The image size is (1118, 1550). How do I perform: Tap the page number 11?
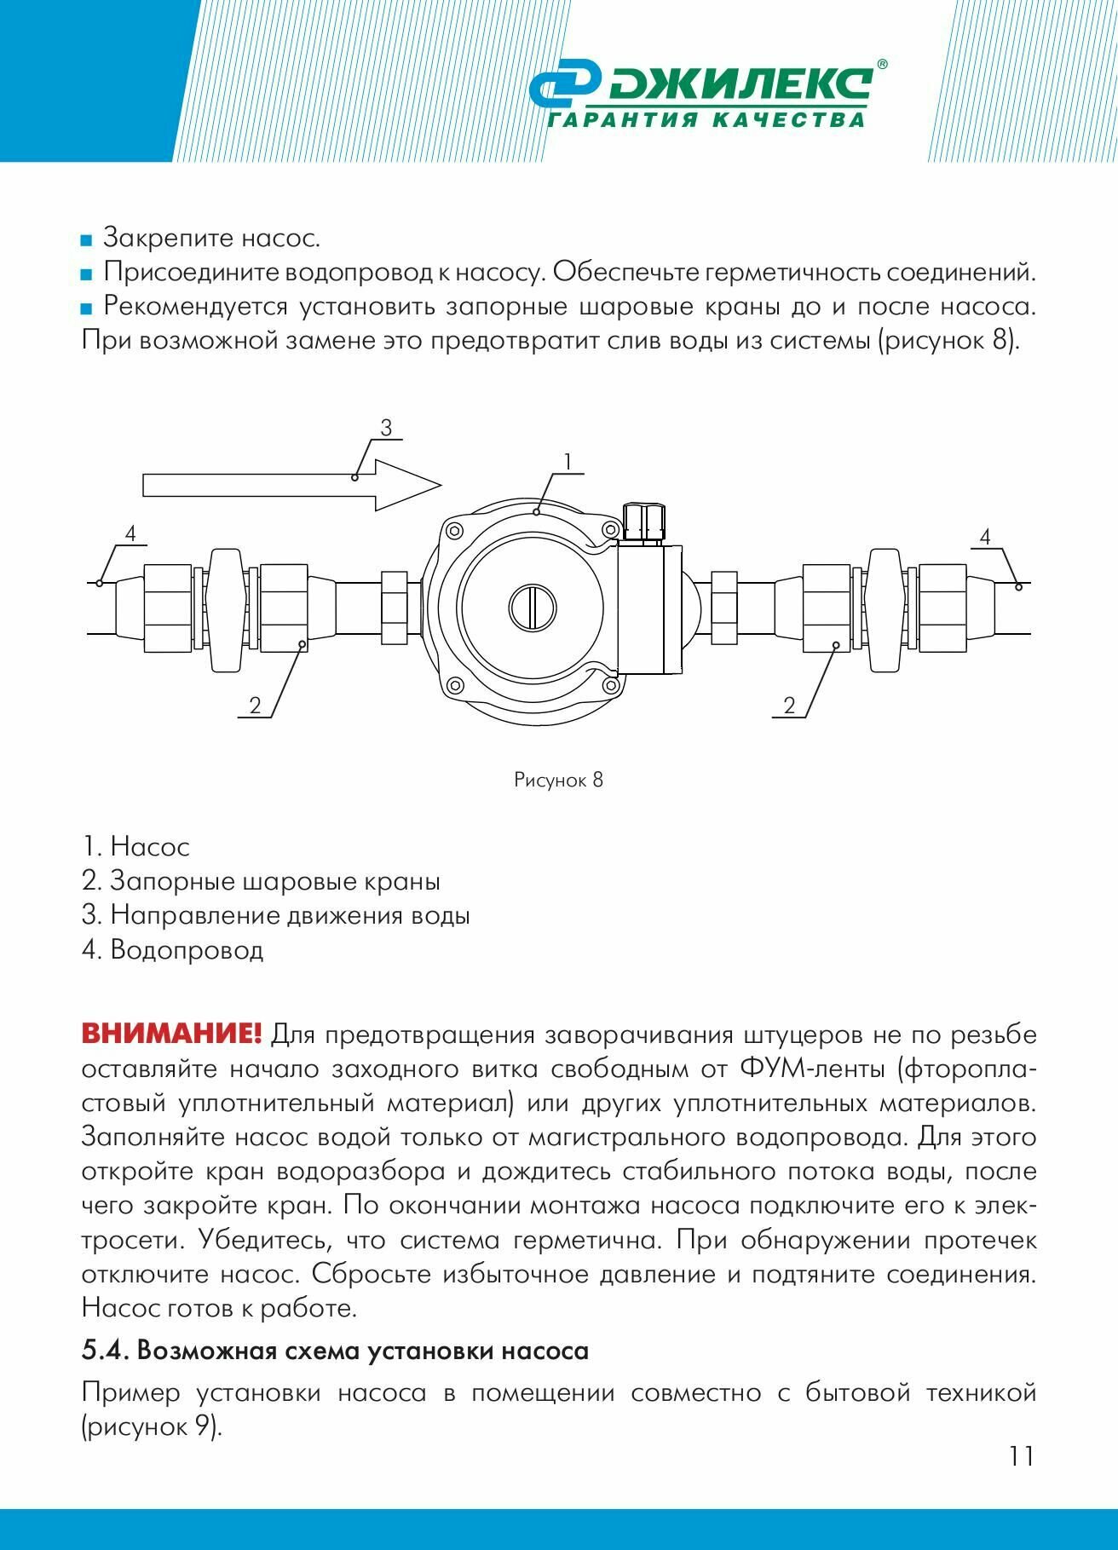click(1021, 1455)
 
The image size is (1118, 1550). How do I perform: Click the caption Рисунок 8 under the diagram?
click(558, 780)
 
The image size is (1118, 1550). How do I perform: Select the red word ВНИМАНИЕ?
click(171, 1034)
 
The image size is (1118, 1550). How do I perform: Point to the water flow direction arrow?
click(290, 485)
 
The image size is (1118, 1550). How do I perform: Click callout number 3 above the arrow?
click(386, 428)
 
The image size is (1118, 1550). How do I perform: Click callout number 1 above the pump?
click(567, 462)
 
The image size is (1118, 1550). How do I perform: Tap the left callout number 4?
click(130, 534)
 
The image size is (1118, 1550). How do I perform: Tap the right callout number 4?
click(985, 537)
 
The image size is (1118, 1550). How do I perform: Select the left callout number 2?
click(255, 706)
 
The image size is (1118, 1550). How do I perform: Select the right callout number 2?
click(789, 706)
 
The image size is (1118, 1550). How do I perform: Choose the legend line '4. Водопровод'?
click(173, 949)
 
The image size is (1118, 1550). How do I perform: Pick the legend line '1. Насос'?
click(136, 847)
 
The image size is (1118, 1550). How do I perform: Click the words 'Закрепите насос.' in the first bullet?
click(211, 238)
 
